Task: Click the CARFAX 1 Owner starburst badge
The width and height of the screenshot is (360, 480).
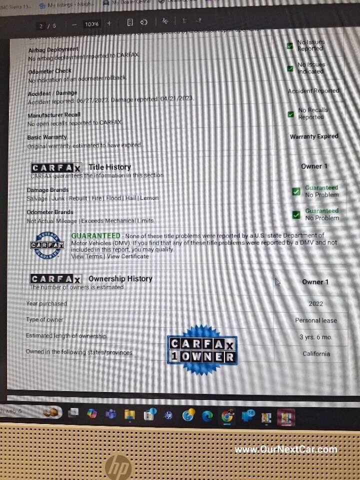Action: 202,350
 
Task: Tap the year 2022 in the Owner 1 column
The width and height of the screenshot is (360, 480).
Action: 315,303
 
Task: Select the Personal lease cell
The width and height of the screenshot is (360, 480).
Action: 316,320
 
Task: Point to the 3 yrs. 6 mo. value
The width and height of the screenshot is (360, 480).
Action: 316,337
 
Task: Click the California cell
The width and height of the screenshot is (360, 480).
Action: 316,354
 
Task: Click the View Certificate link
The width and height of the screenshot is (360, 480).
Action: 127,256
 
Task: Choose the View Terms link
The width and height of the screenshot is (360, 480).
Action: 86,256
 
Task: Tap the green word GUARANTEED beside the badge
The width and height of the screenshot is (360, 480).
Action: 95,235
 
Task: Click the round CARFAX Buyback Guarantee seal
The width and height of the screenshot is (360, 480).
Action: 47,245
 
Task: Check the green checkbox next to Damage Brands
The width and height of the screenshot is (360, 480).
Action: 296,191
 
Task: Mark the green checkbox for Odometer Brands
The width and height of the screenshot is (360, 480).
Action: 296,214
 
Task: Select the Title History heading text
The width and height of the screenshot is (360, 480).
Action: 109,167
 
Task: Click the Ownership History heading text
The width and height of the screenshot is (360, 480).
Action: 120,279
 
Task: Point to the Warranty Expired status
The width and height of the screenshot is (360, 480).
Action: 314,136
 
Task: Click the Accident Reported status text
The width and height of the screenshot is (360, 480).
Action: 313,91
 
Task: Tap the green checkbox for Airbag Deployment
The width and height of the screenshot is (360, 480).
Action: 290,45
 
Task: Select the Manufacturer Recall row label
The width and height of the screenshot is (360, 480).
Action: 54,115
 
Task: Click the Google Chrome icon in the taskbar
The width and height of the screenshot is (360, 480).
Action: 227,415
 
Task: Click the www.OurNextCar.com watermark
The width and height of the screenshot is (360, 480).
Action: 286,449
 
